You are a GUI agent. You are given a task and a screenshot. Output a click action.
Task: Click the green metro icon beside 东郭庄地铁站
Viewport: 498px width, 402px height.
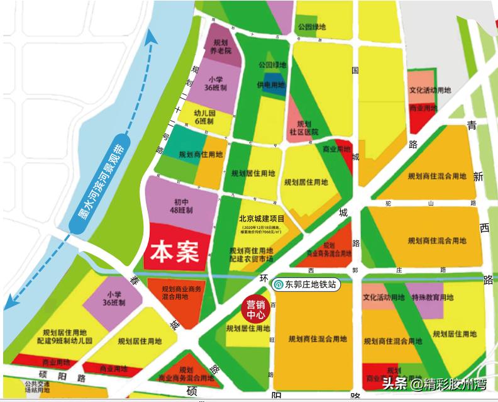(277, 285)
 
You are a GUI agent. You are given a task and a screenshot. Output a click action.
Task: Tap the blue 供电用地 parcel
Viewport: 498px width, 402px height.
(272, 85)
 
